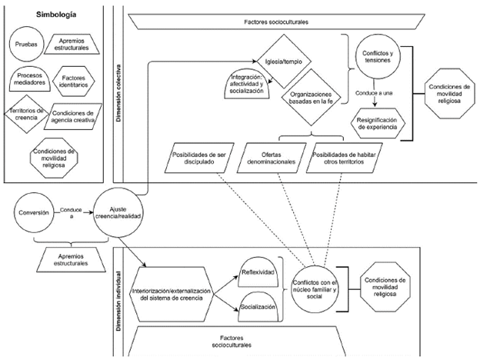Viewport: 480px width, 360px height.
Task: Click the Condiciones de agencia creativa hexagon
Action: [x=74, y=114]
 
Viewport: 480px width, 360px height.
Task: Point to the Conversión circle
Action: [x=33, y=212]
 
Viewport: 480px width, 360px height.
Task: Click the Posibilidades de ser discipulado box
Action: [x=198, y=160]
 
